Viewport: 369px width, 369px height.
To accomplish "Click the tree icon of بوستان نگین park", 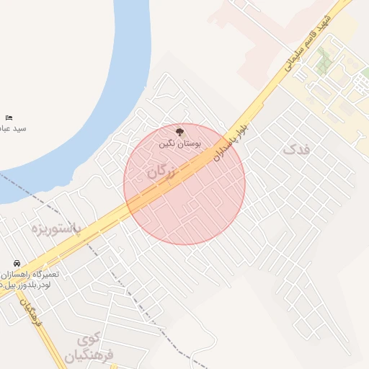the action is pyautogui.click(x=179, y=133).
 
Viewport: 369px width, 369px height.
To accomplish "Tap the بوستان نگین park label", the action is pyautogui.click(x=179, y=144).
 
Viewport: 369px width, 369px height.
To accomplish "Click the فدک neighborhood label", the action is pyautogui.click(x=295, y=150).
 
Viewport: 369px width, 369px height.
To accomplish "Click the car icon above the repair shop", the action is pyautogui.click(x=16, y=264).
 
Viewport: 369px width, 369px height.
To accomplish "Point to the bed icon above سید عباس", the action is pyautogui.click(x=9, y=117).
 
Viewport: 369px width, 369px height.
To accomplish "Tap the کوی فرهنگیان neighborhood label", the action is pyautogui.click(x=90, y=347).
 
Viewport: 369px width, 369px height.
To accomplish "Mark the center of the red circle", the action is pyautogui.click(x=184, y=184).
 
